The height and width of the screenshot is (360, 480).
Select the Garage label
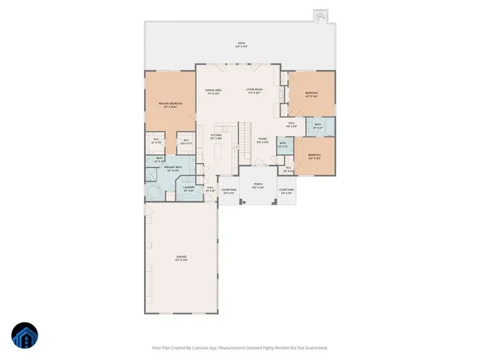[181, 258]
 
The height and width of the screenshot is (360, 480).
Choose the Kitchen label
[215, 137]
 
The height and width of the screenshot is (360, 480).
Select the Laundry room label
[189, 189]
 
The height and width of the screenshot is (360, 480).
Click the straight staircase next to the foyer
[245, 136]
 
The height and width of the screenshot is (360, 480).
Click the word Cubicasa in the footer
[193, 348]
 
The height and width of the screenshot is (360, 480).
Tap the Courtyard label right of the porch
[286, 191]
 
